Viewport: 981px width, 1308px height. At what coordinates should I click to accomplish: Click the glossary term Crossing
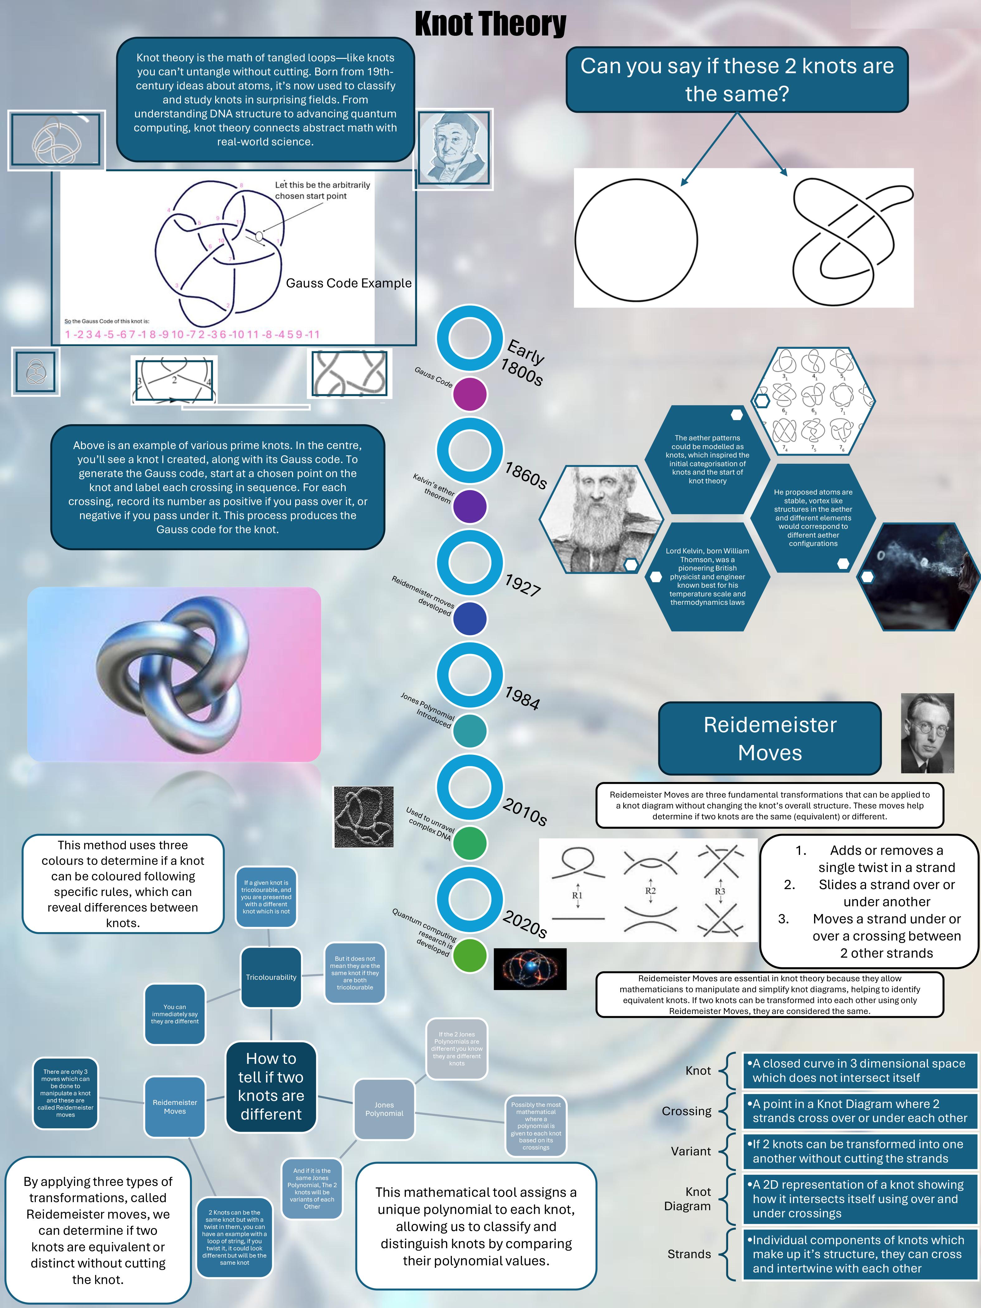point(686,1111)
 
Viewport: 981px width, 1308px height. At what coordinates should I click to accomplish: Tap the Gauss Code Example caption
point(348,283)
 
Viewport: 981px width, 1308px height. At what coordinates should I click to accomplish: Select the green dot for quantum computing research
point(470,955)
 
